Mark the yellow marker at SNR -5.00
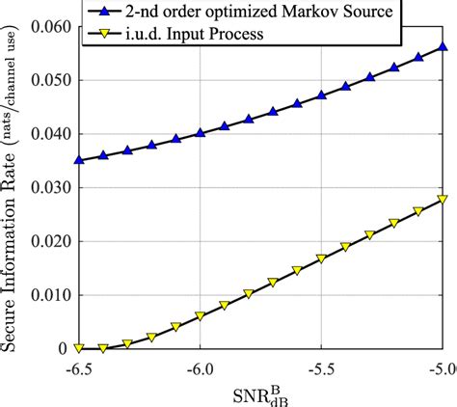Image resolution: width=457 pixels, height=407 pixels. (443, 200)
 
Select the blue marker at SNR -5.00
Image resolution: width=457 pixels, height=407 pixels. (443, 46)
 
